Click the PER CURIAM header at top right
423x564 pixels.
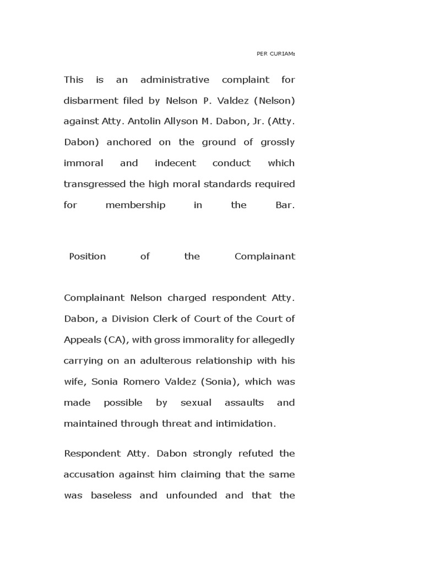[276, 54]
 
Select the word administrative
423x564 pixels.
[175, 80]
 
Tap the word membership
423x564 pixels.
[135, 205]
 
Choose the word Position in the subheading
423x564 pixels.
[87, 257]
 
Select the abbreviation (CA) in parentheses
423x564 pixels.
[116, 340]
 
